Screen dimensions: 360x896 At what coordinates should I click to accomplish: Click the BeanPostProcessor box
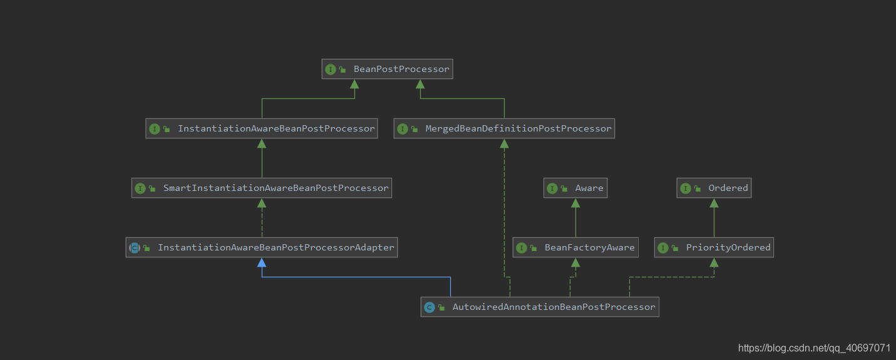tap(387, 69)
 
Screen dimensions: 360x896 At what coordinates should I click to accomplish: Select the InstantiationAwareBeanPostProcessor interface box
tap(262, 128)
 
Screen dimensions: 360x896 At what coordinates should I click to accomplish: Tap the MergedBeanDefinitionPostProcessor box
tap(504, 128)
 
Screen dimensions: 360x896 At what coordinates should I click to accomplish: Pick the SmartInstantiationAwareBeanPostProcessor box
tap(262, 188)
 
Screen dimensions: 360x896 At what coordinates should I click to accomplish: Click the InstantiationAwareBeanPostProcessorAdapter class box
tap(262, 247)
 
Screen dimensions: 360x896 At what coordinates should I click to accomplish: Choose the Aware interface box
tap(575, 188)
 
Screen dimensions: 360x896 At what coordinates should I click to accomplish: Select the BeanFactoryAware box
tap(575, 247)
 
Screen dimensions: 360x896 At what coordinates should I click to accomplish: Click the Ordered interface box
tap(714, 188)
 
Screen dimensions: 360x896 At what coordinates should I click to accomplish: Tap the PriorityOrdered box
tap(714, 247)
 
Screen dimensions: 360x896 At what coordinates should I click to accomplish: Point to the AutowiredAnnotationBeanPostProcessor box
tap(540, 307)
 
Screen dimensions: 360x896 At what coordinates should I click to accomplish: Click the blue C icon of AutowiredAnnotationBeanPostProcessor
tap(430, 307)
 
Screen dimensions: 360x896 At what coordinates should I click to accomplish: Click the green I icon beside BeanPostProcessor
tap(331, 69)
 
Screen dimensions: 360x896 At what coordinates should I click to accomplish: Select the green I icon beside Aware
tap(552, 188)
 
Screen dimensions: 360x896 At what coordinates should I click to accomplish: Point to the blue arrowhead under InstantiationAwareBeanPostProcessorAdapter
tap(262, 262)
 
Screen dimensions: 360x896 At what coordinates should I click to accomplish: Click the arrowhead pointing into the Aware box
tap(575, 203)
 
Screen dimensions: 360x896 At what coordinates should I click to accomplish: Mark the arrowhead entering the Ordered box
tap(714, 203)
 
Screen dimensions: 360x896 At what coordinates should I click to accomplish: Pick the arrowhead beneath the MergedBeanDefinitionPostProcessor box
tap(504, 143)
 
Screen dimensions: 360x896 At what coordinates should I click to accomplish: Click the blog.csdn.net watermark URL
tap(814, 348)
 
